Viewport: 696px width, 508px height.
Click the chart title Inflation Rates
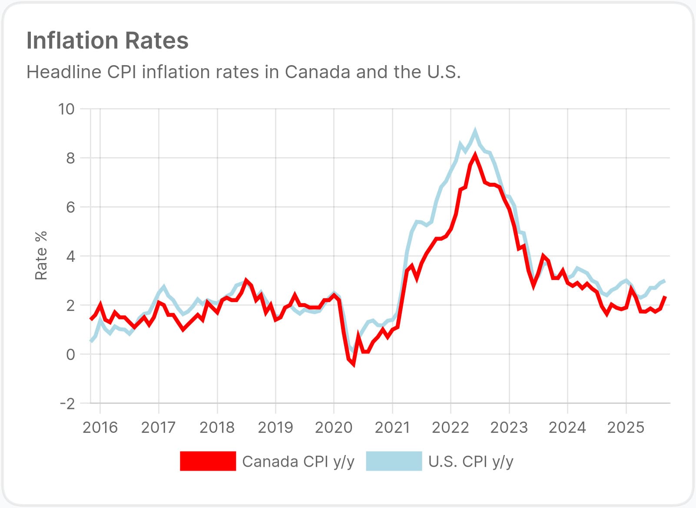click(107, 40)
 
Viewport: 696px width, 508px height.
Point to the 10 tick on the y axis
click(66, 109)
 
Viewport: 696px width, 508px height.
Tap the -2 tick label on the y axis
click(67, 404)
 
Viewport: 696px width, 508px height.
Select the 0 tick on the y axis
click(70, 355)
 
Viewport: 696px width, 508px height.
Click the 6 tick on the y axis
click(70, 207)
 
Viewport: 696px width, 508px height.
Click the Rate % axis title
click(41, 256)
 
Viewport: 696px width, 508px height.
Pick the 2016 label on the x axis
click(100, 428)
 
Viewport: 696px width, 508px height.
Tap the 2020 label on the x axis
click(334, 428)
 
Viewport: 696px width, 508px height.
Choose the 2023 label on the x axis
click(509, 428)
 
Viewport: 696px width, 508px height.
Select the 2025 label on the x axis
click(626, 428)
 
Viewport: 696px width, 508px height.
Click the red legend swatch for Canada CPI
click(208, 461)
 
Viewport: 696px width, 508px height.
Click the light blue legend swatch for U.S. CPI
click(394, 461)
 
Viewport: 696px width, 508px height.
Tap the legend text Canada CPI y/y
click(298, 462)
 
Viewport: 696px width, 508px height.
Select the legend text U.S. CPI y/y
click(471, 462)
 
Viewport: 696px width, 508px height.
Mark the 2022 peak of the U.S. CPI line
click(475, 131)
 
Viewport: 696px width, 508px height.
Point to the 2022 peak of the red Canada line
click(475, 155)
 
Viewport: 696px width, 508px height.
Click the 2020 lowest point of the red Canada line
click(354, 364)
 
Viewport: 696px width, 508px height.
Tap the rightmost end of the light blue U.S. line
click(665, 280)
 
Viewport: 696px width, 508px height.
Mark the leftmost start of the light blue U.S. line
click(90, 341)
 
